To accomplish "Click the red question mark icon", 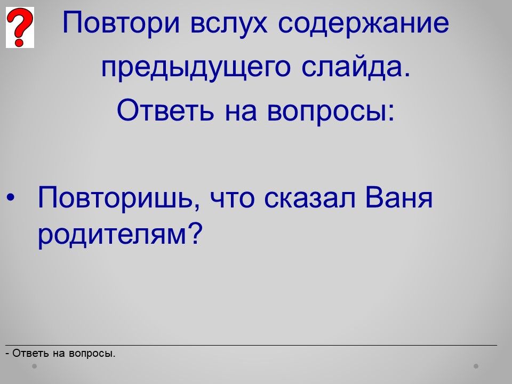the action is (x=20, y=27).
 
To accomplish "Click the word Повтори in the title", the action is (x=121, y=23).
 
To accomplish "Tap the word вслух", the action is (x=229, y=23).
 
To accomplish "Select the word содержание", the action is (x=364, y=23).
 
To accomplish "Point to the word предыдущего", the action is (x=196, y=67).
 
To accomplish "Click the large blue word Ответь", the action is (x=165, y=110).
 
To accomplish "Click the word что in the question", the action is (x=232, y=199).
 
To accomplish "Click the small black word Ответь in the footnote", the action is (x=31, y=353).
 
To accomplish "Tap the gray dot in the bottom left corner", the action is (x=34, y=366).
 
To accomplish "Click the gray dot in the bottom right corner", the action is (x=476, y=366).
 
